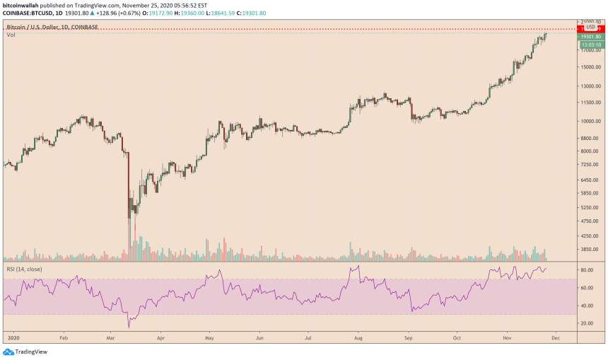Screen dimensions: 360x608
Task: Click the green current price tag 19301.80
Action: [x=590, y=36]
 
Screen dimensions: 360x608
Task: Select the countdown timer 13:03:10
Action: [x=590, y=43]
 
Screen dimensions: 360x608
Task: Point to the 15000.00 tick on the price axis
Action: [x=590, y=67]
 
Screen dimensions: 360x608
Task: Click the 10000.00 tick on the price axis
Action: [x=590, y=120]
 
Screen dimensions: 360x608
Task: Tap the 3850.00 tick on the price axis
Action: [x=590, y=249]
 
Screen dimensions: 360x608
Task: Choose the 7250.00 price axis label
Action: [x=590, y=164]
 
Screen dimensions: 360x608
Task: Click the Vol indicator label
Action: [x=11, y=35]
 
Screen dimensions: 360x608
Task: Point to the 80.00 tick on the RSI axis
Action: [x=587, y=270]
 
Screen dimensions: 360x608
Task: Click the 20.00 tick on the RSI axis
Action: [x=587, y=323]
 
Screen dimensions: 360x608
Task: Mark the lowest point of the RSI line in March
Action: [x=129, y=327]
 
